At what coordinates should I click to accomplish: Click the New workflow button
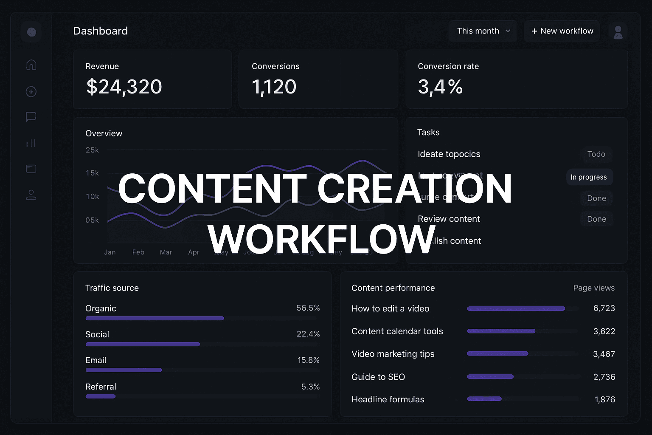pos(562,31)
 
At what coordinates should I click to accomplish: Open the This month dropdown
pos(483,31)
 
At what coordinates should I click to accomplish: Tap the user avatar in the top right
pos(618,32)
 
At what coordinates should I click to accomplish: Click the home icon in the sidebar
pos(31,65)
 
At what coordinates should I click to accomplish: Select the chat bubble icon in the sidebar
pos(31,117)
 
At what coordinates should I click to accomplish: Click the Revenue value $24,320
pos(124,87)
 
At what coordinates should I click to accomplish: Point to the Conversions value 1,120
pos(274,87)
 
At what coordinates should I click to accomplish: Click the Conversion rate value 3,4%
pos(440,87)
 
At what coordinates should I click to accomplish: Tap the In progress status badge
pos(589,177)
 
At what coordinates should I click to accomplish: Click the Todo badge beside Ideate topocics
pos(596,154)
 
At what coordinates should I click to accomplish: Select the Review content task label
pos(449,219)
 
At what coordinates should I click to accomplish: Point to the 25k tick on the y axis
pos(92,150)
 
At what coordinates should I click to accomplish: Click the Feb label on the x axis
pos(138,252)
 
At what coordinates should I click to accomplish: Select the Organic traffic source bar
pos(155,318)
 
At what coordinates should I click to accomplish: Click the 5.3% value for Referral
pos(310,387)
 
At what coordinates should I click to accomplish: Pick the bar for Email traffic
pos(124,370)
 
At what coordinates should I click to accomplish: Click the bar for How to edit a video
pos(516,309)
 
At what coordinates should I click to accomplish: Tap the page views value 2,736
pos(604,377)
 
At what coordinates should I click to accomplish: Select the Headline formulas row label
pos(388,399)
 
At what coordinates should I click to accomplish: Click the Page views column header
pos(593,288)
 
